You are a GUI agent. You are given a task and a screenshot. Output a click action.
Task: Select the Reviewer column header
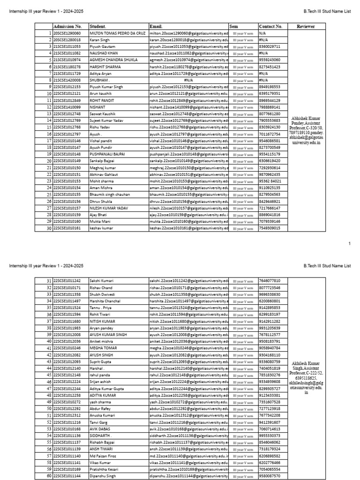[x=306, y=26]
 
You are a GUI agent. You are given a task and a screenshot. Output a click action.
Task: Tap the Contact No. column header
[x=270, y=26]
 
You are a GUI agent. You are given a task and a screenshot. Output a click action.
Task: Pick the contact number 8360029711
[x=270, y=47]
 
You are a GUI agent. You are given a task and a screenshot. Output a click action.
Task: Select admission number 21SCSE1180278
[x=67, y=67]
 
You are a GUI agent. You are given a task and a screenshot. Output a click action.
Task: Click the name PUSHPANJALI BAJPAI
[x=107, y=154]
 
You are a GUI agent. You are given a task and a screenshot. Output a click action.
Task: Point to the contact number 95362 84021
[x=270, y=181]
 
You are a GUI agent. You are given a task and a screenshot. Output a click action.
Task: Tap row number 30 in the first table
[x=49, y=228]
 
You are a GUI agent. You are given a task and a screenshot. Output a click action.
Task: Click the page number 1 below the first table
[x=349, y=244]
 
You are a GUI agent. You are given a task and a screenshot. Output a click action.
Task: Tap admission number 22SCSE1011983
[x=67, y=328]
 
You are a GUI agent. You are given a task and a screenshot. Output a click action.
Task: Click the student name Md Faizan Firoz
[x=103, y=456]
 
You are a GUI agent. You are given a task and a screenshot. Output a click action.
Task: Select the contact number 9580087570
[x=270, y=476]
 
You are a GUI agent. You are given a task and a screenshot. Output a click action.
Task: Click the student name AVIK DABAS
[x=100, y=429]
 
